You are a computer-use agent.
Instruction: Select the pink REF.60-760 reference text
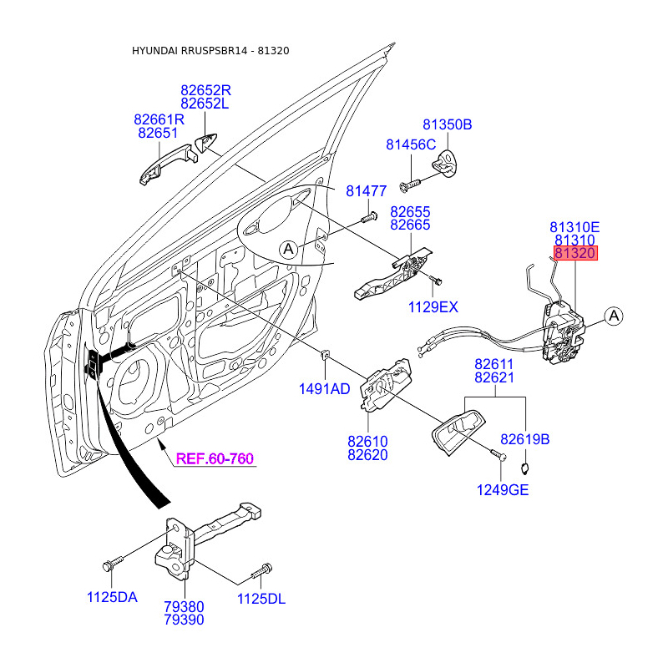coord(215,458)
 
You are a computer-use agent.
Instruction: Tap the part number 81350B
coord(447,125)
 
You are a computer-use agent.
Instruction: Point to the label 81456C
coord(411,145)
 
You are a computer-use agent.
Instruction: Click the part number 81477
coord(367,192)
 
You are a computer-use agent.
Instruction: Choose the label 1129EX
coord(433,307)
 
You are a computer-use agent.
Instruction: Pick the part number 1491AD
coord(324,389)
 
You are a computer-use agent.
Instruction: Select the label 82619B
coord(525,439)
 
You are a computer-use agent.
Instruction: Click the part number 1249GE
coord(503,490)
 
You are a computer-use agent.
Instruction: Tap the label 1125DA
coord(112,598)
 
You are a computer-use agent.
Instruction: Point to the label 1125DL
coord(262,598)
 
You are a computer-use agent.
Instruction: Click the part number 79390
coord(183,620)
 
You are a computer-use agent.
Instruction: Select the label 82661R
coord(159,119)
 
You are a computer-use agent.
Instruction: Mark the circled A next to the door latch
coord(614,316)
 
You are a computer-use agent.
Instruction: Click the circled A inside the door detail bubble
coord(288,249)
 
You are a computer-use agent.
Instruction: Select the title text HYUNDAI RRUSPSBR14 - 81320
coord(210,51)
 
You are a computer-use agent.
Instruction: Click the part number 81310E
coord(574,226)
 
